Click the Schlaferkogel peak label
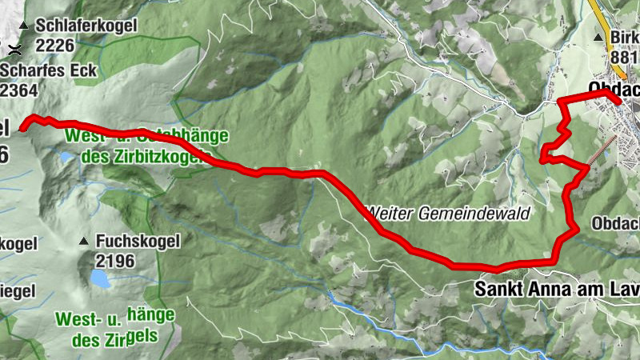[86, 26]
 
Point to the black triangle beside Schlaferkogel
[24, 26]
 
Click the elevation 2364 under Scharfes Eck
[19, 90]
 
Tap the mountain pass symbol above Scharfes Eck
[14, 50]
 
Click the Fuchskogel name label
[138, 241]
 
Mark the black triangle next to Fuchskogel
[84, 242]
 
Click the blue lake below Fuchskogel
[100, 278]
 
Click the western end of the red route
[22, 126]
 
